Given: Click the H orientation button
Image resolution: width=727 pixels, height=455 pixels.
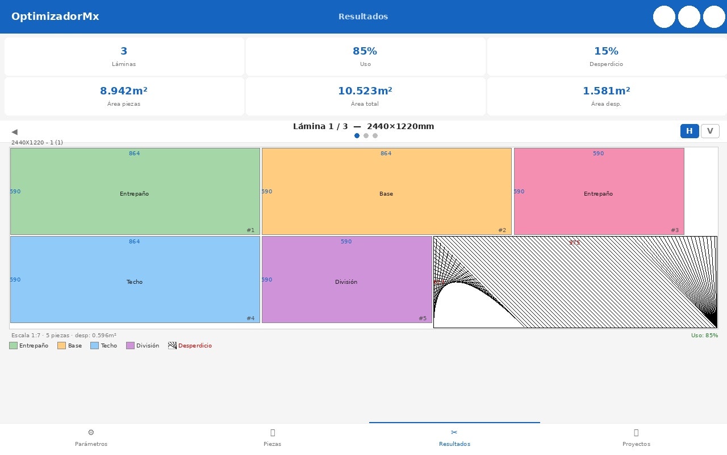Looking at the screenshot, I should (x=690, y=131).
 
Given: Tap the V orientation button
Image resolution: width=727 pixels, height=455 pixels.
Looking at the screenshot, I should (x=710, y=131).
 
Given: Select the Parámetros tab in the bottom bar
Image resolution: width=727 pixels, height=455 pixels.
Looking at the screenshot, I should (x=91, y=438).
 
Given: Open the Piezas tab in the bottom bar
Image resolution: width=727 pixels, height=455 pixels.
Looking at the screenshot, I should (x=273, y=438).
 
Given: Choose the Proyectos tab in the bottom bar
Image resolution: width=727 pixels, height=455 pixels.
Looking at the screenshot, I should (x=636, y=438).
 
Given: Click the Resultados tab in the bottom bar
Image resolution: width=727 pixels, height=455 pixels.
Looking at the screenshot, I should (x=454, y=438).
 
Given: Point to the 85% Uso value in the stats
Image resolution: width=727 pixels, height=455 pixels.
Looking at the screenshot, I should (x=365, y=51).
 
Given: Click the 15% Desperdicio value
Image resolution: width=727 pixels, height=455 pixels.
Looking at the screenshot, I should (x=606, y=51).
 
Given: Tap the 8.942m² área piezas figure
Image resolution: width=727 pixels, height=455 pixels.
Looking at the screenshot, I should (x=124, y=91).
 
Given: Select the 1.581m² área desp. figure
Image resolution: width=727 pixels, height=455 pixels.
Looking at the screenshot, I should (x=606, y=91).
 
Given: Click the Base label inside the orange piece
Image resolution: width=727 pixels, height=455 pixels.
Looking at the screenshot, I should (x=386, y=194).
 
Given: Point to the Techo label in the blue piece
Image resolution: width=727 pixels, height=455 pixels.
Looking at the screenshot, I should (x=135, y=282).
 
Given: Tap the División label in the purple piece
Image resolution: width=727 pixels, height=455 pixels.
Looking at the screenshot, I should (x=346, y=282).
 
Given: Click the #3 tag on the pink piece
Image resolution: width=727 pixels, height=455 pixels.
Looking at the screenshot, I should (x=675, y=230).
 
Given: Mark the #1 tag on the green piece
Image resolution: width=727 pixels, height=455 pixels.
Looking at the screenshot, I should (x=250, y=230).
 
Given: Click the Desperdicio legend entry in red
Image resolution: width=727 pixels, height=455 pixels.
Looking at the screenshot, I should (x=195, y=346).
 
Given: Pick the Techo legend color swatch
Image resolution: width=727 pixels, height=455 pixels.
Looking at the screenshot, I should (x=94, y=346).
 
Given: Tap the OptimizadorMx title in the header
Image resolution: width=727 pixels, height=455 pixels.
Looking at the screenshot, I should (x=55, y=16).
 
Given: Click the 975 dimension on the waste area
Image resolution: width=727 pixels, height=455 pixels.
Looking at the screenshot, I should (x=575, y=243).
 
